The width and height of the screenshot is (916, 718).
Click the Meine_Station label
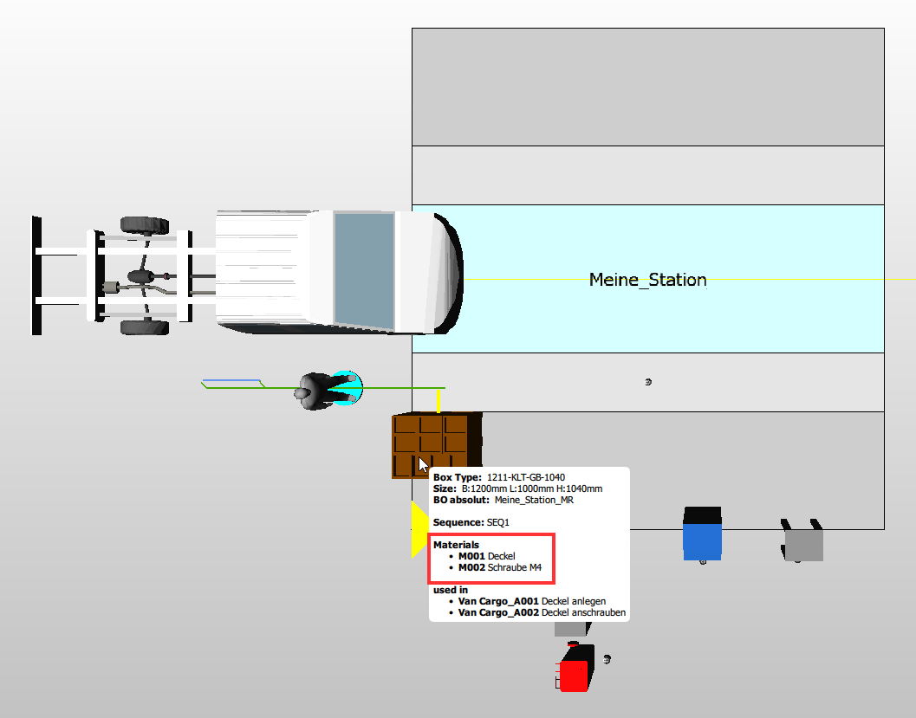[647, 280]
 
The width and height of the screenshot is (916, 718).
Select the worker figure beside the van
[325, 391]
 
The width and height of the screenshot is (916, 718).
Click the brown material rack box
[436, 444]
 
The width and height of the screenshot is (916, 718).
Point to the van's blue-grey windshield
[364, 269]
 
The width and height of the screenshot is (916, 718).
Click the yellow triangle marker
[419, 528]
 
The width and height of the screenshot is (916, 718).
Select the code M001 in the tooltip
[472, 555]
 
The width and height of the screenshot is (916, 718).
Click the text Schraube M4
[517, 567]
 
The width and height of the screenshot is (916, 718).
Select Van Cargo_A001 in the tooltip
[498, 600]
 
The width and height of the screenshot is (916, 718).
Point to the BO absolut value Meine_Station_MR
[534, 500]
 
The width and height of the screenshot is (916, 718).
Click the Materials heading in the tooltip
[456, 545]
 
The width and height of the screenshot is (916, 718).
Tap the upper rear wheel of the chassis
[145, 225]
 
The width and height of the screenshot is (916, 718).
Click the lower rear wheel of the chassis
[145, 327]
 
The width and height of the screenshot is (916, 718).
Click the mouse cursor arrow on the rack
[422, 463]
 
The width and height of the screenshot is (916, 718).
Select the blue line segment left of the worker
[231, 380]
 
